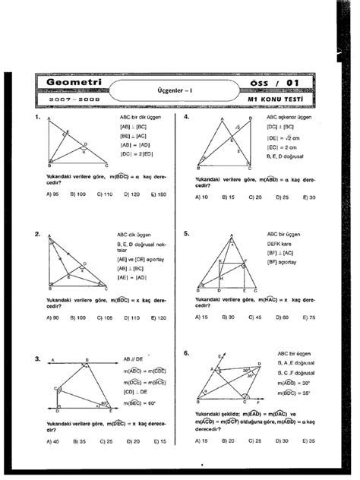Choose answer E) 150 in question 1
click(x=156, y=195)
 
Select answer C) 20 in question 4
click(x=254, y=197)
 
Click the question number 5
click(x=186, y=235)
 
